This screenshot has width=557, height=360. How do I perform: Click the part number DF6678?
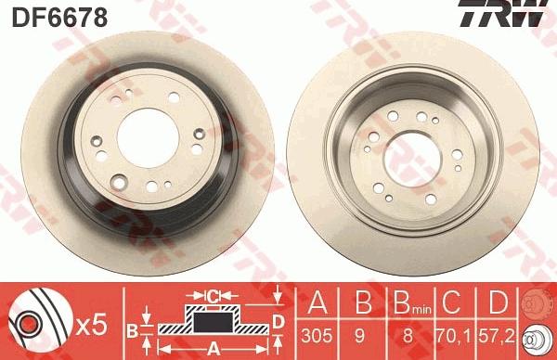pyautogui.click(x=59, y=18)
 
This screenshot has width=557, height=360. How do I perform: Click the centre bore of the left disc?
pyautogui.click(x=148, y=138)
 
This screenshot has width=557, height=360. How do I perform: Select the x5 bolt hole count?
pyautogui.click(x=92, y=326)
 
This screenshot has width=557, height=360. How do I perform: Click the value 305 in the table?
pyautogui.click(x=317, y=336)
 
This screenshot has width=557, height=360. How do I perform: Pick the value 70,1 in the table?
pyautogui.click(x=454, y=336)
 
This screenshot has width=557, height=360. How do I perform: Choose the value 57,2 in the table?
pyautogui.click(x=497, y=336)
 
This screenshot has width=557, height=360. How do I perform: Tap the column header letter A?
pyautogui.click(x=317, y=302)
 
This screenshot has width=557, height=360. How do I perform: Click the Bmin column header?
pyautogui.click(x=412, y=303)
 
